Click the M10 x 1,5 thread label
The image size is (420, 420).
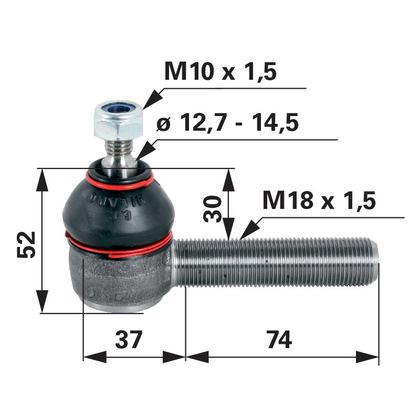click(220, 72)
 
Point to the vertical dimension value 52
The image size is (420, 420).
click(27, 244)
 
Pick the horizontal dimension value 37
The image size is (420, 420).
click(129, 340)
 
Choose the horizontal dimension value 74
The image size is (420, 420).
click(278, 340)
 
